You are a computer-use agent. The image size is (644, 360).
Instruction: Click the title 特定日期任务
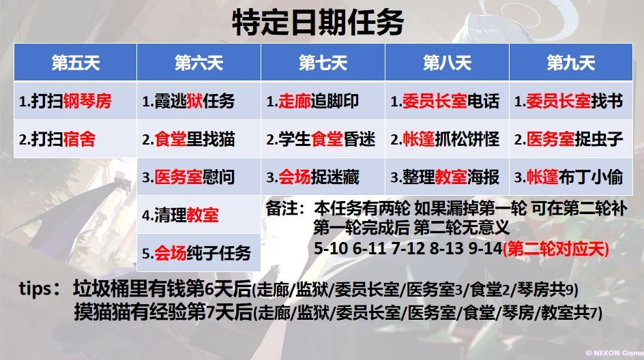click(x=318, y=22)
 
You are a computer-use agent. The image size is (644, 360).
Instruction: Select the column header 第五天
click(x=76, y=63)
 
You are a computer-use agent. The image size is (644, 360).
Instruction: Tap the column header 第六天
click(x=199, y=63)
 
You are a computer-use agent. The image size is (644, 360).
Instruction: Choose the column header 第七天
click(x=323, y=63)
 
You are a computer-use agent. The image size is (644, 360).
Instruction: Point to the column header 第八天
click(x=448, y=63)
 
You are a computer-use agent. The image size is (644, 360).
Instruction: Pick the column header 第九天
click(x=571, y=63)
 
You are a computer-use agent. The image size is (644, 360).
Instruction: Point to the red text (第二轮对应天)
click(x=556, y=248)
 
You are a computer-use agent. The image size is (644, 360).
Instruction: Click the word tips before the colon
click(x=35, y=288)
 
